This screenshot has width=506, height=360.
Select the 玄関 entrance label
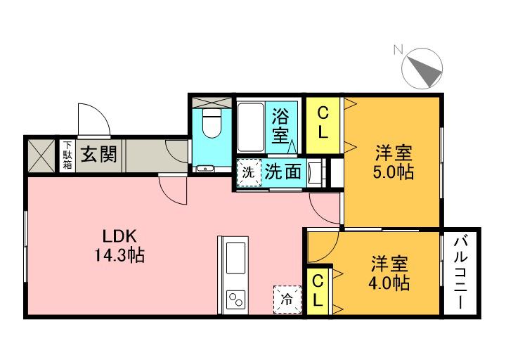(97, 153)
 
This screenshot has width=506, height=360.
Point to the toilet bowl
(211, 126)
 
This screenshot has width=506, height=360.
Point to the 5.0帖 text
(392, 171)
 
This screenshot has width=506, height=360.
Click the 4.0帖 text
(389, 283)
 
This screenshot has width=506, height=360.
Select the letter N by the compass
(398, 50)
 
